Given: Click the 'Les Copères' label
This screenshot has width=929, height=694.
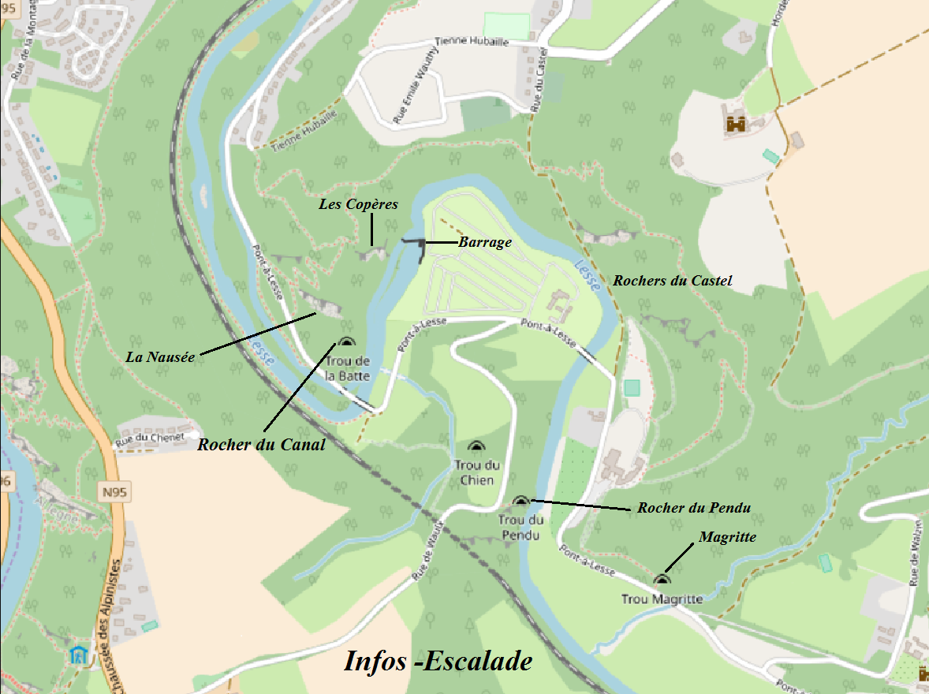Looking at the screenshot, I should click(x=358, y=204).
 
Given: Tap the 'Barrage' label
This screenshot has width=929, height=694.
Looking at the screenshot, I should click(x=485, y=242).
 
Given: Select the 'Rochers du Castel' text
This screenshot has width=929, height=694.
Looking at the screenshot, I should click(x=673, y=280).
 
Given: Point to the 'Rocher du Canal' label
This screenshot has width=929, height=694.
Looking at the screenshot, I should click(x=261, y=445).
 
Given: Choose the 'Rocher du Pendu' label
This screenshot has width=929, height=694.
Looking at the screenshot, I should click(x=693, y=507).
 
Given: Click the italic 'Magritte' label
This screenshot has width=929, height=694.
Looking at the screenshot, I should click(x=727, y=537).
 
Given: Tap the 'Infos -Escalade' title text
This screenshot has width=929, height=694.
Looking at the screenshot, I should click(x=438, y=661).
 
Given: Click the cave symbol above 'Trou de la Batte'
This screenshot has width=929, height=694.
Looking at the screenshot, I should click(x=345, y=341).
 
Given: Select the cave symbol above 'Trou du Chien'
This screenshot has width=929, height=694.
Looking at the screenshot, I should click(x=476, y=447).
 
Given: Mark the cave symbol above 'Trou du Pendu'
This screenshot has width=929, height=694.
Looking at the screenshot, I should click(x=520, y=501).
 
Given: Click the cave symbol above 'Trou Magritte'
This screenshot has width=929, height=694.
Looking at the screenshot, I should click(x=661, y=580).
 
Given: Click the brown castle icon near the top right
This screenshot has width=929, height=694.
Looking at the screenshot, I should click(x=736, y=122).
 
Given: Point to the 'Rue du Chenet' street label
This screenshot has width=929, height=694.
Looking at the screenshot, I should click(x=150, y=438).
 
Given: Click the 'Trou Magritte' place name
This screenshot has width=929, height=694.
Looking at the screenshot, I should click(x=662, y=599).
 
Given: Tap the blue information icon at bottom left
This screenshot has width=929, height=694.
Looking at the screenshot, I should click(x=78, y=655).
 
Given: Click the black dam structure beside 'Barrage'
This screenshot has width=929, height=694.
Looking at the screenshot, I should click(x=418, y=246).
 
